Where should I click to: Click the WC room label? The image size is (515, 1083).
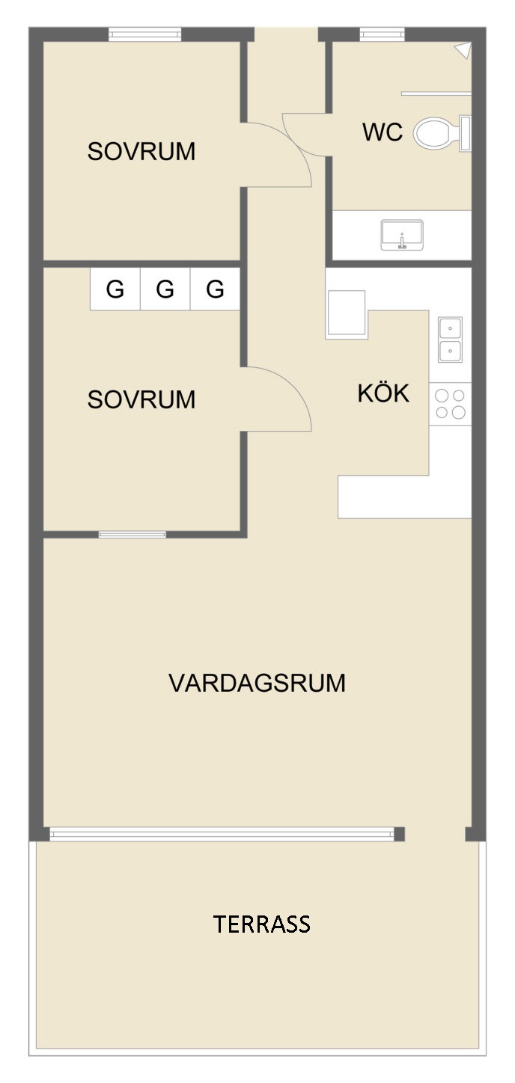click(x=383, y=132)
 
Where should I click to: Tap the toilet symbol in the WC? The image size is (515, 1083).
click(x=442, y=133)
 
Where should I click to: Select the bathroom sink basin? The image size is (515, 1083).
click(x=402, y=235)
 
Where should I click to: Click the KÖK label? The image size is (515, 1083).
click(x=383, y=393)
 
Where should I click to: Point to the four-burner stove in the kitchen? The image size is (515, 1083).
click(x=450, y=404)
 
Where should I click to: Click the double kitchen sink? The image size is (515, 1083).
click(x=450, y=340)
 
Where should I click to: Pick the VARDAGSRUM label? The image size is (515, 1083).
click(x=257, y=683)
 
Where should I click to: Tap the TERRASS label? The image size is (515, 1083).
click(x=261, y=924)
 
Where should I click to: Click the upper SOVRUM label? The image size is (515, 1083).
click(x=141, y=151)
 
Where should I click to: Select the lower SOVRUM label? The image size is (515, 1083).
click(x=141, y=399)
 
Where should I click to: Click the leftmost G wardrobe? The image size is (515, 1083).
click(x=115, y=289)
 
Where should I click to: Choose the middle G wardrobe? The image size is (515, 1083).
click(x=165, y=289)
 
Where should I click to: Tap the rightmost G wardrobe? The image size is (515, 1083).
click(x=215, y=289)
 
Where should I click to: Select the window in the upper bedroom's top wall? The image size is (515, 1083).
click(x=144, y=34)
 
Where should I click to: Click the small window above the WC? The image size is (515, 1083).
click(x=383, y=34)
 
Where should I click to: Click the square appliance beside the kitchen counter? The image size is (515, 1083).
click(x=347, y=313)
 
